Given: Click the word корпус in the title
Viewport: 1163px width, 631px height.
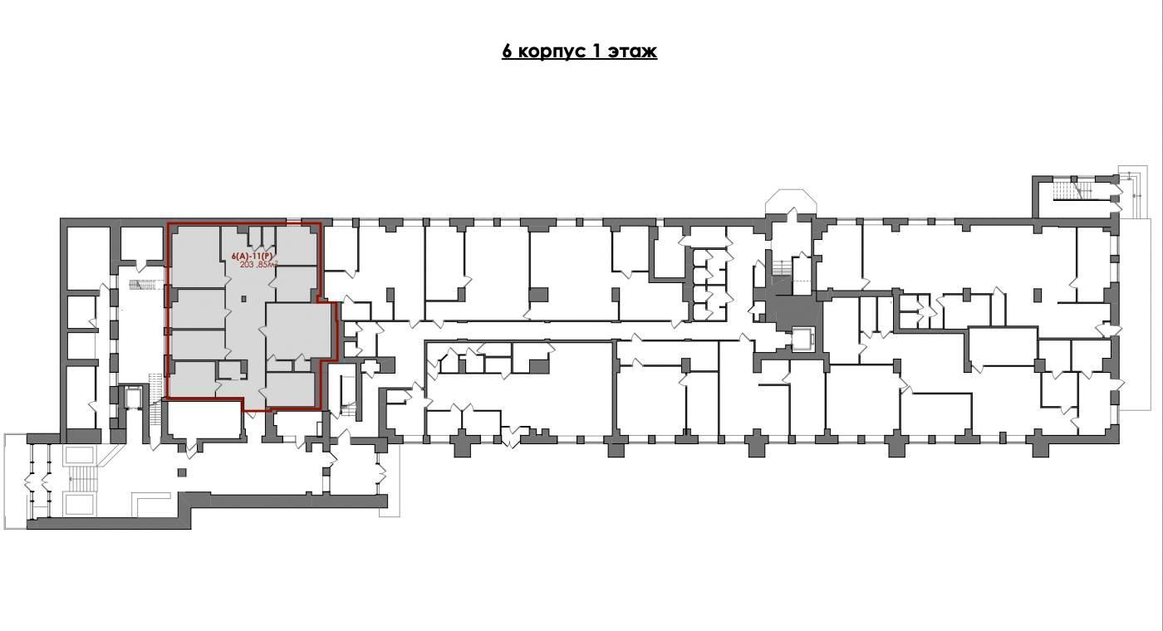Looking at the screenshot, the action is pos(552,51).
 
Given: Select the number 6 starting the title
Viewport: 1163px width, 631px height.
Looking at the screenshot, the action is pos(508,51).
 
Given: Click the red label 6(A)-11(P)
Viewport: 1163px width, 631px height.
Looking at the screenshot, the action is pos(252,256).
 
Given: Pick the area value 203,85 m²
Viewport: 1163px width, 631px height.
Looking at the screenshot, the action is pos(259,264).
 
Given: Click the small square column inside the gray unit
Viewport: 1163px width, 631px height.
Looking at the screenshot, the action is pos(243,298).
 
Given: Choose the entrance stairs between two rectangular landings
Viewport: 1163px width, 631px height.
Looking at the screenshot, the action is pos(79,478).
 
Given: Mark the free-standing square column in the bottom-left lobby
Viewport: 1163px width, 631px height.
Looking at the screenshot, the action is pos(182,472).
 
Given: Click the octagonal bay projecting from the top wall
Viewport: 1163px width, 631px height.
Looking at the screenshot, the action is pos(789,201).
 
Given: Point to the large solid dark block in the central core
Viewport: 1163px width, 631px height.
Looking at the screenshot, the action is pos(793,311).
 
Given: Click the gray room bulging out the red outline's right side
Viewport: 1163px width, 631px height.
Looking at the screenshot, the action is pos(298,331).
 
